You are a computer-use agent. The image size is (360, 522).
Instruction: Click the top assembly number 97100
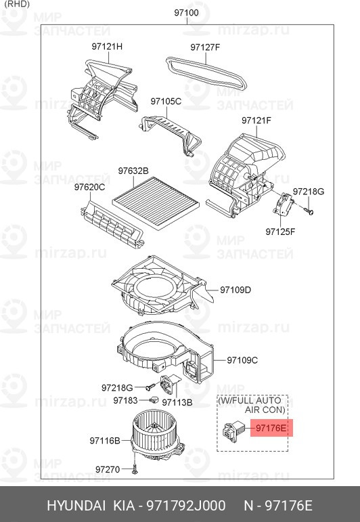(x=186, y=13)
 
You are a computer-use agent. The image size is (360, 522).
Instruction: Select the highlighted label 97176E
(x=271, y=428)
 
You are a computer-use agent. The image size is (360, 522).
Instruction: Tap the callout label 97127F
(x=205, y=47)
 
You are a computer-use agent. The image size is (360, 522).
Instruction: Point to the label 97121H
(x=107, y=47)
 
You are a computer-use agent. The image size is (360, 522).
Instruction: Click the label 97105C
(x=166, y=101)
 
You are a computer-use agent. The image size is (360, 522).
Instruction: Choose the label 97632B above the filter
(x=133, y=171)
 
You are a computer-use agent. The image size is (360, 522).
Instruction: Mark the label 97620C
(x=89, y=188)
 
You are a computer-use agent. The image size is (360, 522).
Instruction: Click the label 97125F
(x=280, y=232)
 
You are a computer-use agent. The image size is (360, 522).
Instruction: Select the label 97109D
(x=235, y=290)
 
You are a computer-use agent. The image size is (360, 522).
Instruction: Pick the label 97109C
(x=242, y=360)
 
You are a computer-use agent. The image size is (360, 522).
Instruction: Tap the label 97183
(x=125, y=400)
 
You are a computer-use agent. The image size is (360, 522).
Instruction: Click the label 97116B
(x=105, y=441)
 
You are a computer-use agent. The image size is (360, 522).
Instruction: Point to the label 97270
(x=108, y=469)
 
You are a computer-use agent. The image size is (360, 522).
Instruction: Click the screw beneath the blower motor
(x=135, y=469)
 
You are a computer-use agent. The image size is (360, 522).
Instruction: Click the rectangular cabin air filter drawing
(x=156, y=203)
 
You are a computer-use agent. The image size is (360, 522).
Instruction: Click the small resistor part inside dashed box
(x=234, y=431)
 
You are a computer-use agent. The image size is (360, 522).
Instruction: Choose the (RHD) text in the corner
(x=18, y=4)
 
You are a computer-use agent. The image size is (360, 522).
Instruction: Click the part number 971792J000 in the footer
(x=186, y=506)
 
